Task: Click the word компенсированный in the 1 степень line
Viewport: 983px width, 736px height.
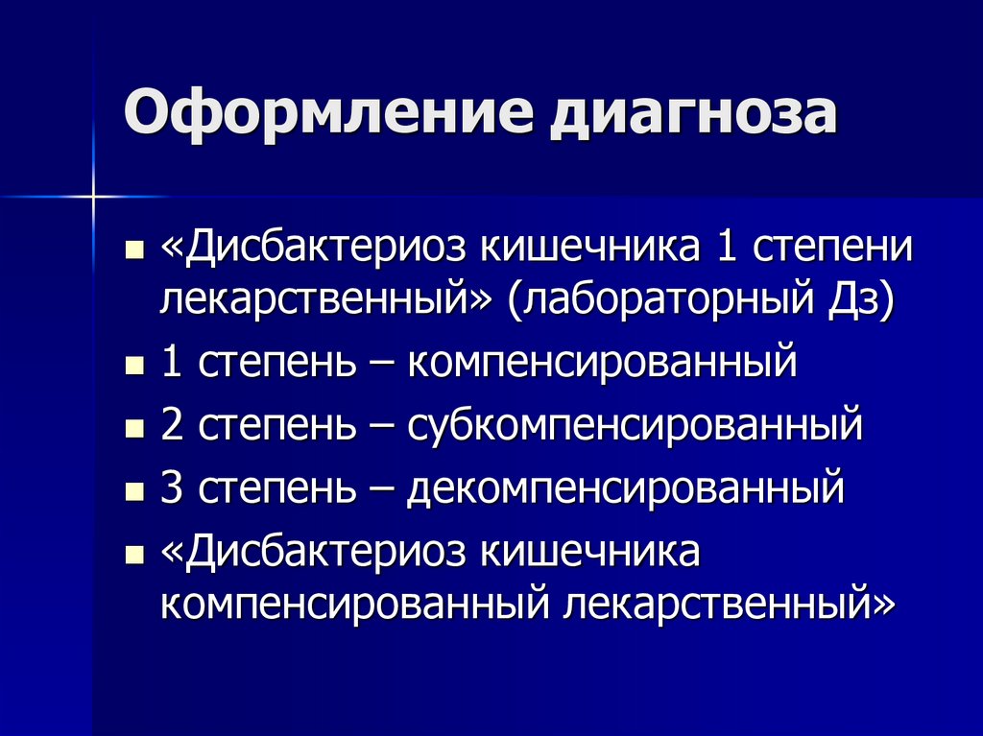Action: click(602, 365)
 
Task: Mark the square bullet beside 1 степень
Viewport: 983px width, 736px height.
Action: click(134, 368)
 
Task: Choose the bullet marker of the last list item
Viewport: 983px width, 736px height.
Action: click(134, 555)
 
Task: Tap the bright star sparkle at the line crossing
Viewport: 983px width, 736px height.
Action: click(94, 197)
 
